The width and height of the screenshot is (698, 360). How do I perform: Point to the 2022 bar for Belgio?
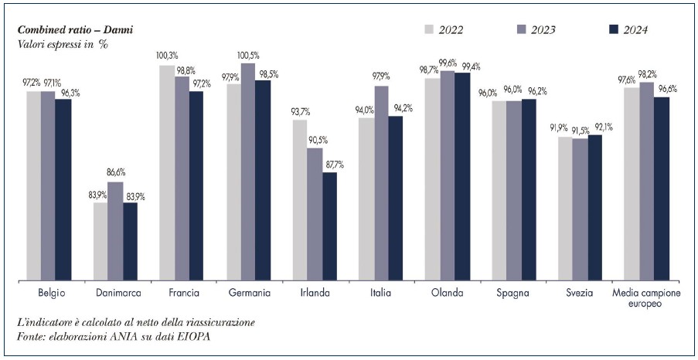pos(33,185)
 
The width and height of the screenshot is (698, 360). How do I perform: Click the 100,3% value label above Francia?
pos(166,56)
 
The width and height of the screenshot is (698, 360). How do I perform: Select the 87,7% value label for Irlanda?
pos(335,165)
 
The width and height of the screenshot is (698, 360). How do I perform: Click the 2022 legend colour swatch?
pos(430,29)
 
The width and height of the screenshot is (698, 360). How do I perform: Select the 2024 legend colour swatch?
pos(615,29)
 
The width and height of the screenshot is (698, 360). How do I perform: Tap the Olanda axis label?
pos(448,293)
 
